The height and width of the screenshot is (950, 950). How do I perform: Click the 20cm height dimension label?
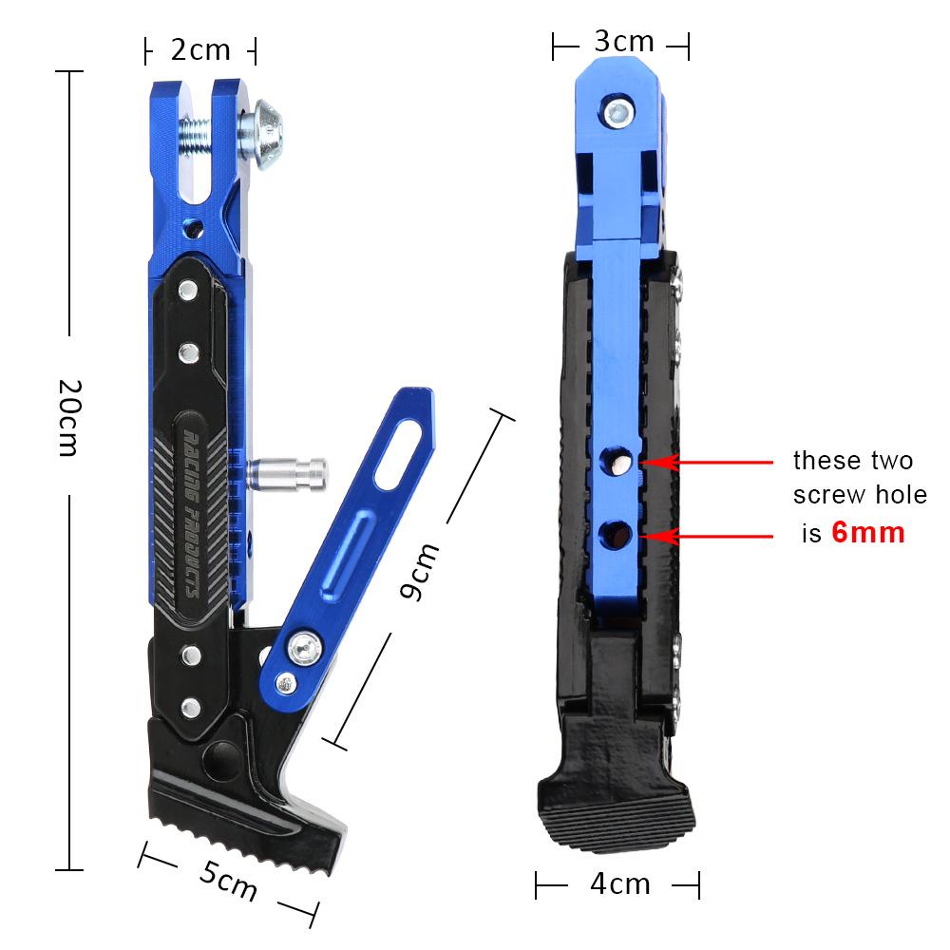[66, 418]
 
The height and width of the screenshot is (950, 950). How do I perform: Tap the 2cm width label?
[200, 50]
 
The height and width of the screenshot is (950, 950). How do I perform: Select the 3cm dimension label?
[622, 42]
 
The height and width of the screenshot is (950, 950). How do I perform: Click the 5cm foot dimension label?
[229, 883]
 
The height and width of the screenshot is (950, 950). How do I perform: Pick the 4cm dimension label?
[619, 884]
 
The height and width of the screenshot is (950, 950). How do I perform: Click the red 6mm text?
[867, 532]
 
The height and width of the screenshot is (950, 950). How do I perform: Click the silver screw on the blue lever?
[306, 649]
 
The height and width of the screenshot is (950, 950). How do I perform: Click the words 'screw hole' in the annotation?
[860, 497]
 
